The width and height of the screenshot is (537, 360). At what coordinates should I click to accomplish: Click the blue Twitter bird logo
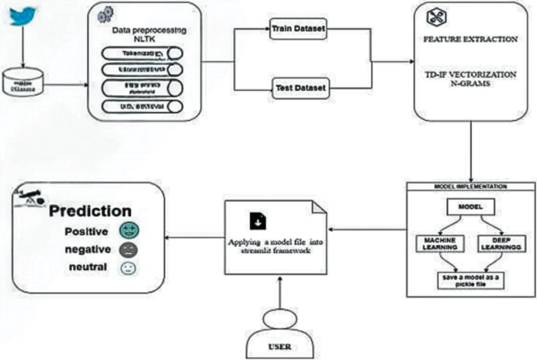click(23, 16)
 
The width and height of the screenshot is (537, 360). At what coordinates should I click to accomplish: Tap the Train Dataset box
click(297, 29)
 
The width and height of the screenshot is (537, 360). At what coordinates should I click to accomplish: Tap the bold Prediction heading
click(91, 211)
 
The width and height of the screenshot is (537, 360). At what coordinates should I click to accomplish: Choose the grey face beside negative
click(129, 251)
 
